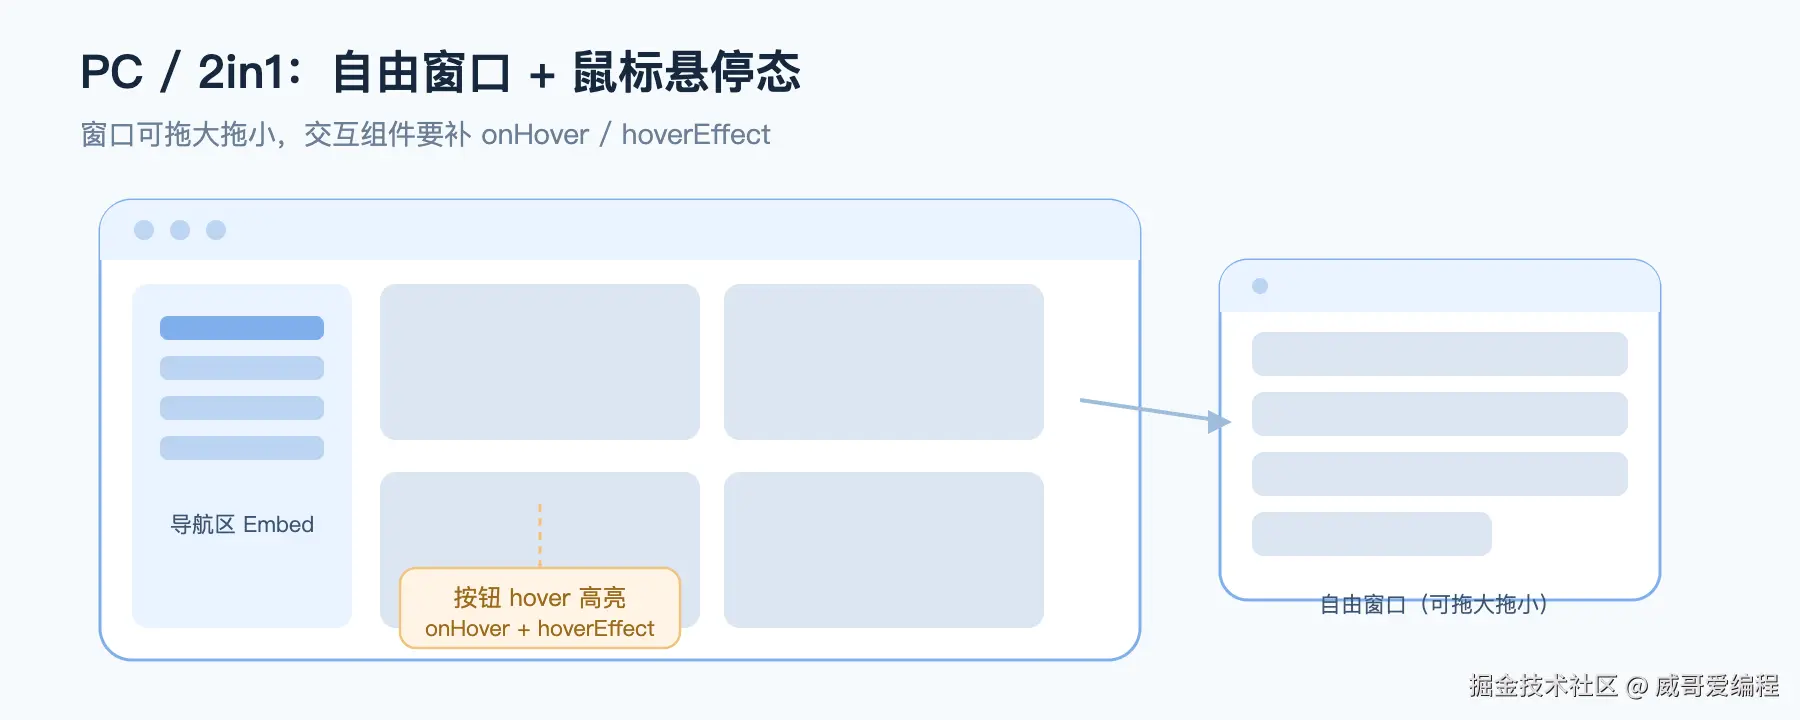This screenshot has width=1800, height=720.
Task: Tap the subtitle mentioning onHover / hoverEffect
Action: pos(425,134)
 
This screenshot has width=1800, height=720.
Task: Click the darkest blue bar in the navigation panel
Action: pos(242,328)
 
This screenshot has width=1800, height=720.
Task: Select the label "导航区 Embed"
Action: pos(242,524)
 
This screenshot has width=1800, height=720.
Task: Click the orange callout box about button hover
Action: pos(540,608)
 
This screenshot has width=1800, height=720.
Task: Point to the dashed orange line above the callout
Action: pos(540,536)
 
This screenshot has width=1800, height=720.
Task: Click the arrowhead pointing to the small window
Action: pos(1219,422)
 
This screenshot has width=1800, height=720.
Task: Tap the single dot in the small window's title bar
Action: pos(1260,286)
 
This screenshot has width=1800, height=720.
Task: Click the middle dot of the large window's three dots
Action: pos(180,230)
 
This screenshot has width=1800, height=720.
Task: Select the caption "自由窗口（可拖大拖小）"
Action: pos(1434,604)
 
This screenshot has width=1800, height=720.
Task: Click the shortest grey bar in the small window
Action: pos(1372,534)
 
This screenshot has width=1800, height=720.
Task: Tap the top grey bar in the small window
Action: pos(1440,354)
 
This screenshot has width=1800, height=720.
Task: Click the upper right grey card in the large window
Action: pos(884,362)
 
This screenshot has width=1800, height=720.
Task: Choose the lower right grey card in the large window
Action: pos(884,550)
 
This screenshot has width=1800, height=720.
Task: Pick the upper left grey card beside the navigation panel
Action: pos(540,362)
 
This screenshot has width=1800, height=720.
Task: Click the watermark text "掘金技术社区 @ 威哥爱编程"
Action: pos(1624,685)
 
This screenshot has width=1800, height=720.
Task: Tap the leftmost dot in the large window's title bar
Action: pos(144,230)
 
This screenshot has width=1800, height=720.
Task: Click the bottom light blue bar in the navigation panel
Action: pos(242,448)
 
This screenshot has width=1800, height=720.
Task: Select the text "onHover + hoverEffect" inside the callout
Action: pos(540,628)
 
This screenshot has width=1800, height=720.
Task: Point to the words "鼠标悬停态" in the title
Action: pos(687,73)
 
